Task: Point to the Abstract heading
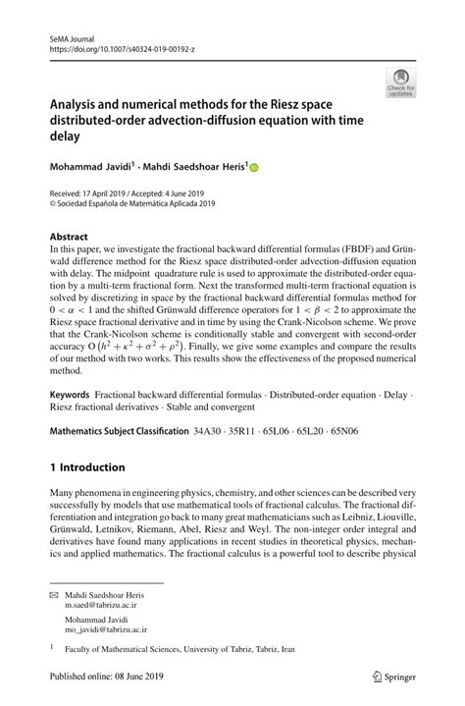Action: pos(70,237)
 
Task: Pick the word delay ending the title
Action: pos(71,138)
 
